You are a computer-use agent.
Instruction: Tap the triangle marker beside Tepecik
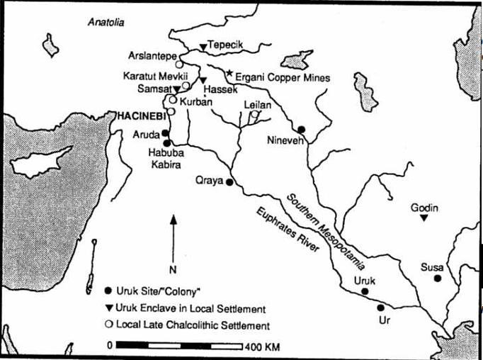pos(203,47)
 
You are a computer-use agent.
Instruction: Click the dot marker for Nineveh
pos(302,129)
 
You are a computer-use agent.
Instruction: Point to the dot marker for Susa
pos(438,278)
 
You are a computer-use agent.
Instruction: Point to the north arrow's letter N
pos(172,269)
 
